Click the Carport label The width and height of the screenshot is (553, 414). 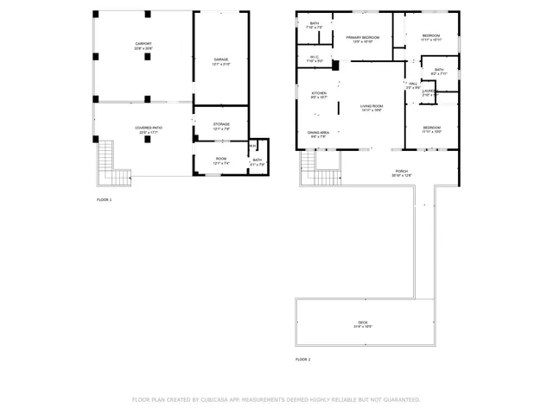coord(143,46)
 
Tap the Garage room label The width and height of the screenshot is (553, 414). coord(221,60)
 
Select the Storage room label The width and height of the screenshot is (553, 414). coord(221,125)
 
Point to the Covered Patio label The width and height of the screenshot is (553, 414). coord(149,129)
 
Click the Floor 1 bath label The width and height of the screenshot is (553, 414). coord(257,161)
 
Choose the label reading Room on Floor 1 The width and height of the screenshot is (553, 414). coord(221,159)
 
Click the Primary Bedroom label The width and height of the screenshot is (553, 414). coord(363,39)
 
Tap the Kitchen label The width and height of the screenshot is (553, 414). coord(318,93)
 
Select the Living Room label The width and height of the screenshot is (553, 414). coord(372,108)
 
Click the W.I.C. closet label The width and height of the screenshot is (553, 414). coord(315,59)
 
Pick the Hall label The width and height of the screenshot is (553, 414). coord(413,85)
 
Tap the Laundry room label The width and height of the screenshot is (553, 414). coord(429,94)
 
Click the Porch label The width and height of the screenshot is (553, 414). coord(402,172)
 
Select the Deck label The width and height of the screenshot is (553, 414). coord(363,323)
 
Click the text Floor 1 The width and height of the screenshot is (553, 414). coord(105,199)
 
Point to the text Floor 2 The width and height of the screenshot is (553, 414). coord(302,359)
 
